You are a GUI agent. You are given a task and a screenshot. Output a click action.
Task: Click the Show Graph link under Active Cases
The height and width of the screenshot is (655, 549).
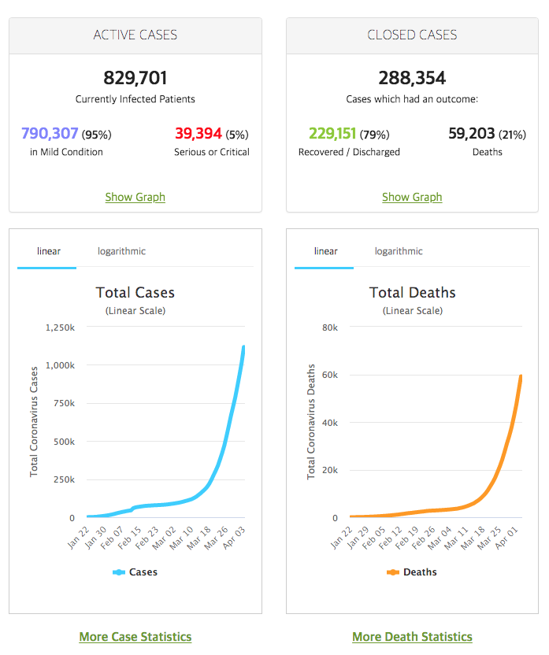pyautogui.click(x=135, y=197)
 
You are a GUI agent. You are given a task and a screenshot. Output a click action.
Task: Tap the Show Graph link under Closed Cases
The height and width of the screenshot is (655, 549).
pyautogui.click(x=412, y=197)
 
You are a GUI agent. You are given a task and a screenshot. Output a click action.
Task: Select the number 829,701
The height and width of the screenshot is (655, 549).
pyautogui.click(x=135, y=78)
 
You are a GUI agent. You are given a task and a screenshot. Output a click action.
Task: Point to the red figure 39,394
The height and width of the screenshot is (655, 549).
pyautogui.click(x=198, y=133)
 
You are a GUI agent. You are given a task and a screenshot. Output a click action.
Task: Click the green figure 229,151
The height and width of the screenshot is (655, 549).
pyautogui.click(x=332, y=133)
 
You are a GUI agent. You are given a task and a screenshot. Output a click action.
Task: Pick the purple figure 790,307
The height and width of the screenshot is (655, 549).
pyautogui.click(x=50, y=133)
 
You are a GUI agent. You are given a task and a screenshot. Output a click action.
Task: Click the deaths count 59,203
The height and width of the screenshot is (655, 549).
pyautogui.click(x=471, y=133)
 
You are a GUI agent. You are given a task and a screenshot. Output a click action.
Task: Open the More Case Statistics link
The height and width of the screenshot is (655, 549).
pyautogui.click(x=135, y=637)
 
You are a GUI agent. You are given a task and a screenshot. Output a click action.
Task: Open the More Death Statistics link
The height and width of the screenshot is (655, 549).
pyautogui.click(x=413, y=637)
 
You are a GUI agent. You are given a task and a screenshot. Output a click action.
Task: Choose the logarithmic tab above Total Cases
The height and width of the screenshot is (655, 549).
pyautogui.click(x=121, y=251)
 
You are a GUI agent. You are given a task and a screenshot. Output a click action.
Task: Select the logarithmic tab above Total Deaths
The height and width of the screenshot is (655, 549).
pyautogui.click(x=399, y=251)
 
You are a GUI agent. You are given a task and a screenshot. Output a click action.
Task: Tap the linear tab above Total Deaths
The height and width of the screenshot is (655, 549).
pyautogui.click(x=326, y=251)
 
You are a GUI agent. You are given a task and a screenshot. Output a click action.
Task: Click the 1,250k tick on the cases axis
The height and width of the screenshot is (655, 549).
pyautogui.click(x=60, y=327)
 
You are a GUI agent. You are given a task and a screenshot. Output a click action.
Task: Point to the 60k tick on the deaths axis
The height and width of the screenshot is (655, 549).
pyautogui.click(x=330, y=375)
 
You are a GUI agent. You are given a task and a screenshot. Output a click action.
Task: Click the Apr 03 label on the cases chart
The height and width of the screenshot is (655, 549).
pyautogui.click(x=234, y=538)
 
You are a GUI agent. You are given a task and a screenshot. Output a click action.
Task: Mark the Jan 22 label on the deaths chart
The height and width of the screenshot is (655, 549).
pyautogui.click(x=341, y=538)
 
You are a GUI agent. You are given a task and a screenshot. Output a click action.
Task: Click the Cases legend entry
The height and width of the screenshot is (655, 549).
pyautogui.click(x=135, y=572)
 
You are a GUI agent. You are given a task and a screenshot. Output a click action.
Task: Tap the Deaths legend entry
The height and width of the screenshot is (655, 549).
pyautogui.click(x=412, y=572)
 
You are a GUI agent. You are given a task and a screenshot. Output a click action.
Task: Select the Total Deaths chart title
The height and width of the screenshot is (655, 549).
pyautogui.click(x=413, y=292)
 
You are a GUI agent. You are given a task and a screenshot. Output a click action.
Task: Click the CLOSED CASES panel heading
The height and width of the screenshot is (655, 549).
pyautogui.click(x=412, y=35)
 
